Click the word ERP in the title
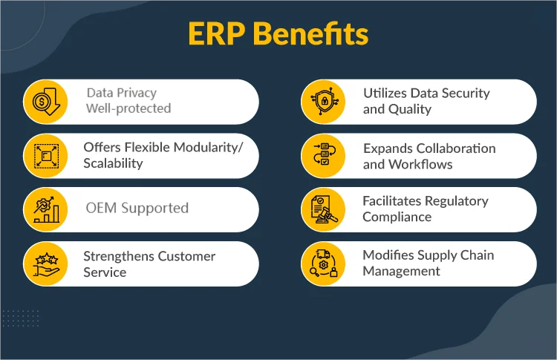[215, 35]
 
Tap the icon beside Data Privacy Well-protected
[45, 102]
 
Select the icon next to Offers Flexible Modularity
[45, 155]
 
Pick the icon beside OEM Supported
[45, 209]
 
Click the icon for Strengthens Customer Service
[45, 264]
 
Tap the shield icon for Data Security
[323, 102]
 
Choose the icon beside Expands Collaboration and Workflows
[323, 155]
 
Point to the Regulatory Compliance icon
[323, 209]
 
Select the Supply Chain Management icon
[323, 264]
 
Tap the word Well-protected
[128, 109]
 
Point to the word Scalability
[113, 163]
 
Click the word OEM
[100, 209]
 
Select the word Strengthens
[120, 256]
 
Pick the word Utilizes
[384, 94]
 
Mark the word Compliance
[397, 217]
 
